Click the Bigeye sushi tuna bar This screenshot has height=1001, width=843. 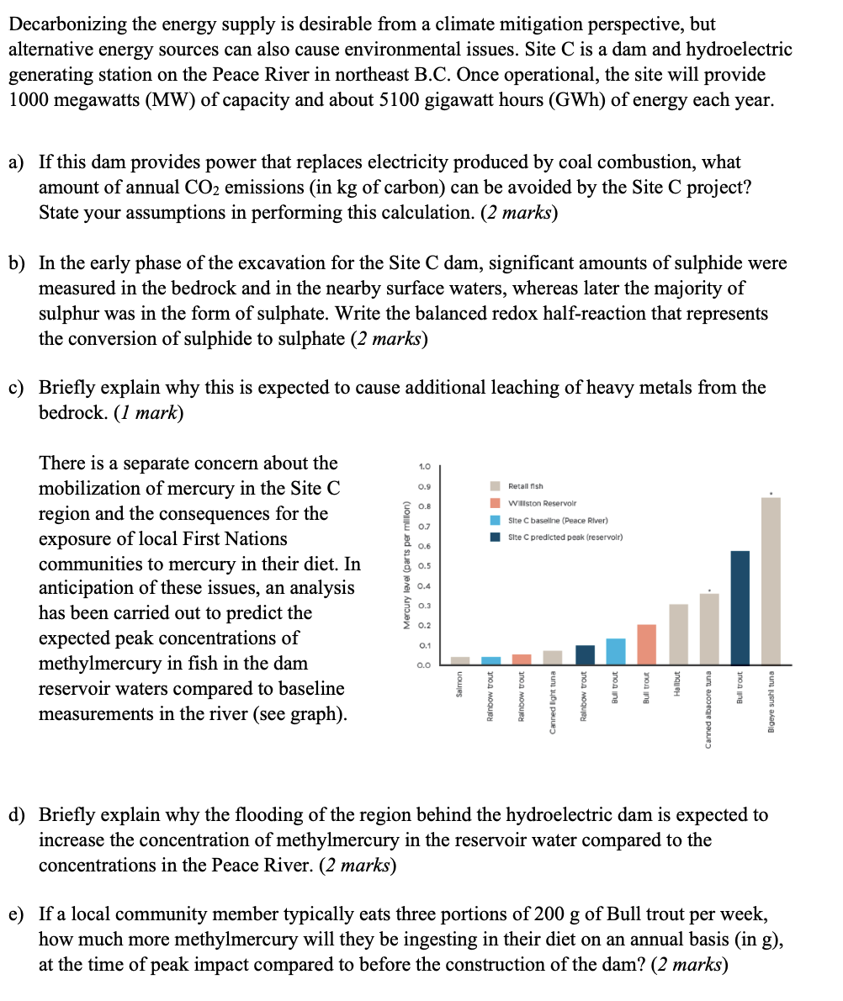(771, 580)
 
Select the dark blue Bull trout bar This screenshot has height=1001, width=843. (740, 607)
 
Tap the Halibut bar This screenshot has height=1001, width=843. (678, 633)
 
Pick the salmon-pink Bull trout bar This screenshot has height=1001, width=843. (646, 643)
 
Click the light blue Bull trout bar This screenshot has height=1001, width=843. (616, 650)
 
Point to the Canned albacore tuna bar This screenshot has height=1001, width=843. (709, 628)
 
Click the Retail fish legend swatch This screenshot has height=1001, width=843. (496, 486)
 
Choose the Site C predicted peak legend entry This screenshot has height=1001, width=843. (565, 538)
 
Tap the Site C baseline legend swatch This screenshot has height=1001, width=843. (496, 521)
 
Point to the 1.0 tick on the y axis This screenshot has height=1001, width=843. (424, 465)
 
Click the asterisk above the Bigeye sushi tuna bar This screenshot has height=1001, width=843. (771, 494)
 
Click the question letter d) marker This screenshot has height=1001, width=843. (18, 815)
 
